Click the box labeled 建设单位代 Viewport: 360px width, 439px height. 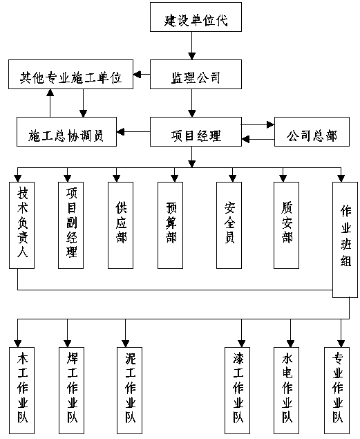click(x=196, y=17)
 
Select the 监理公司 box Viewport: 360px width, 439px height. click(x=196, y=74)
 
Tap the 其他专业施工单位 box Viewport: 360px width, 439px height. click(x=70, y=74)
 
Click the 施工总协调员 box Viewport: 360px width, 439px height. click(x=66, y=131)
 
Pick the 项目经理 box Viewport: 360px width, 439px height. click(x=196, y=131)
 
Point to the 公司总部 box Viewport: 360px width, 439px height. click(x=312, y=131)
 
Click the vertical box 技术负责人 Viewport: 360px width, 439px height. click(x=22, y=225)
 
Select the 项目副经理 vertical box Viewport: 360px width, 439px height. click(x=70, y=225)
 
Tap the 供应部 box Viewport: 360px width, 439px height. click(x=120, y=225)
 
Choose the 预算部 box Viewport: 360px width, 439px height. click(x=171, y=225)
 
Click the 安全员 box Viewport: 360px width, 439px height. click(x=229, y=225)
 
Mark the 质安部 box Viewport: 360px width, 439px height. click(x=287, y=225)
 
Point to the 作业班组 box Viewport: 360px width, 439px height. click(x=345, y=240)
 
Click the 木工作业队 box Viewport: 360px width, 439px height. click(x=22, y=391)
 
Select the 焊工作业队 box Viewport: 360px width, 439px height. click(x=72, y=391)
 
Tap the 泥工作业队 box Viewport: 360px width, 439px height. click(x=130, y=391)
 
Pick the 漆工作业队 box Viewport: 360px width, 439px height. click(x=238, y=391)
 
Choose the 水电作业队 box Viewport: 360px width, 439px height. click(x=287, y=391)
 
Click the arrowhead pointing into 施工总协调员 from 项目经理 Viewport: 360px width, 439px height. click(x=120, y=131)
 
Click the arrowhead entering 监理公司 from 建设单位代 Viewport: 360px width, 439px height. click(x=191, y=56)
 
